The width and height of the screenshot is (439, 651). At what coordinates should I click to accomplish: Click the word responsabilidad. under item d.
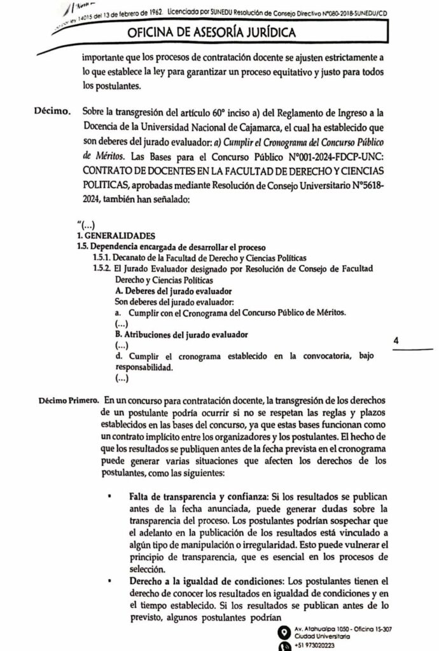pyautogui.click(x=143, y=367)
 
